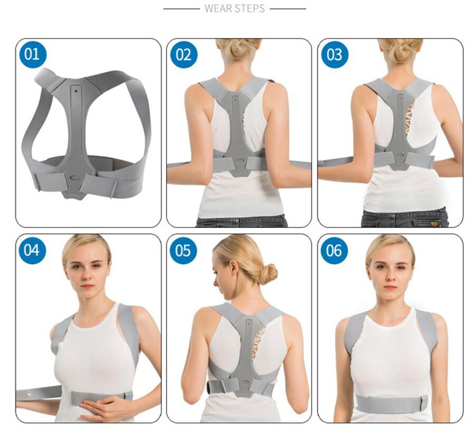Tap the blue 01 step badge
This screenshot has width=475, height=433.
pos(33,54)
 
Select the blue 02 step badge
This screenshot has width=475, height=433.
pos(184,55)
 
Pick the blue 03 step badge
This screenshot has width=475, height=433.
pos(335,55)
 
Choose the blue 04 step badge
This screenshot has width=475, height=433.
pos(32,250)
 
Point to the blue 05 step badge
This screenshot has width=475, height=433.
pos(183,250)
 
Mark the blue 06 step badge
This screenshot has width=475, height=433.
pos(334,250)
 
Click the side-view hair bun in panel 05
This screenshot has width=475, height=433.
pos(267,274)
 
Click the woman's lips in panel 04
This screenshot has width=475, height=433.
pos(88,286)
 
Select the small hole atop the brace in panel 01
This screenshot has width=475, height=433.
pos(75,90)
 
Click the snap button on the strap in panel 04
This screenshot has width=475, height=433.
pos(30,395)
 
